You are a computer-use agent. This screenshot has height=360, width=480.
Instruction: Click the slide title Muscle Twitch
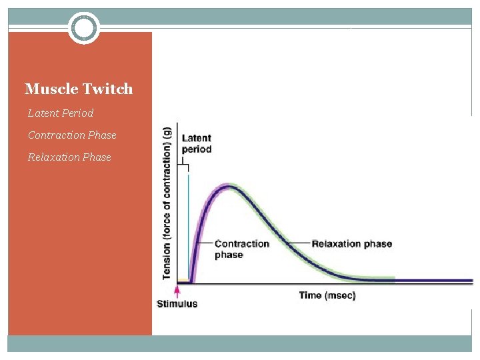click(79, 89)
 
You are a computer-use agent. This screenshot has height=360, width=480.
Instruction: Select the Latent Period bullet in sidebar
click(61, 113)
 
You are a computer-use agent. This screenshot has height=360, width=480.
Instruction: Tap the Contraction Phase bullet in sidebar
click(72, 135)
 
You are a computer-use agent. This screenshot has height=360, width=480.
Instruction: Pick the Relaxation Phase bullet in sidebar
click(69, 157)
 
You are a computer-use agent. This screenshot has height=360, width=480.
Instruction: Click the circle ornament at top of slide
click(84, 28)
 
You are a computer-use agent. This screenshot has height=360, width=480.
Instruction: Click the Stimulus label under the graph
click(177, 304)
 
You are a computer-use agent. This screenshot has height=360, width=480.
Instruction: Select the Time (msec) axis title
click(327, 295)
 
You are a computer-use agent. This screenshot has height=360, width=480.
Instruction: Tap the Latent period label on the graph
click(197, 143)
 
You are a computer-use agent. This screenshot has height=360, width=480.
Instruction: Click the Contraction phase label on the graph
click(242, 249)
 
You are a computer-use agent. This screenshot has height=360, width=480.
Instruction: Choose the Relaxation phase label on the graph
click(351, 243)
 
